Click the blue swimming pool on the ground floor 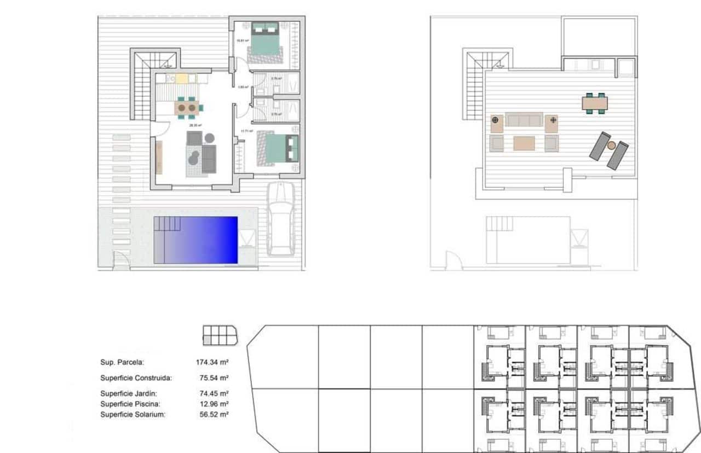click(x=196, y=240)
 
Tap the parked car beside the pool click(x=280, y=219)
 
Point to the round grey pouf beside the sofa click(x=210, y=138)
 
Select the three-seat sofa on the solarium click(x=524, y=120)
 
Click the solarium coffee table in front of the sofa click(x=524, y=143)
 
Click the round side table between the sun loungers click(x=611, y=146)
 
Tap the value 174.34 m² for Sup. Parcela click(x=212, y=362)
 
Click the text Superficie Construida click(x=136, y=378)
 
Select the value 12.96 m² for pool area click(x=214, y=404)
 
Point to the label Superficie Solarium click(x=133, y=415)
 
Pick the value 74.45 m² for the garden click(x=214, y=393)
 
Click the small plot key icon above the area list click(x=220, y=335)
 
